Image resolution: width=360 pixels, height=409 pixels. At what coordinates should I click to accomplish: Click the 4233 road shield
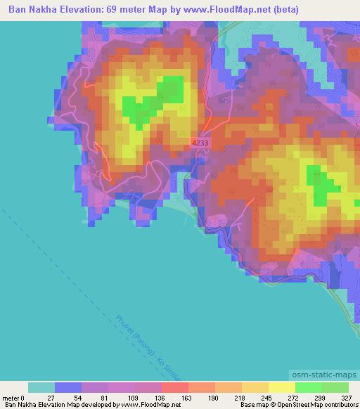(200, 143)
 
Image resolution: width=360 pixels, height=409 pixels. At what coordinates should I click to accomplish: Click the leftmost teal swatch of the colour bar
(41, 387)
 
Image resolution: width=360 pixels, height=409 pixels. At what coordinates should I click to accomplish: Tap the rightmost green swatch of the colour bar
(335, 387)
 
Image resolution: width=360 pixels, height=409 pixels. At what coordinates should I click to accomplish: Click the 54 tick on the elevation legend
(69, 397)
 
